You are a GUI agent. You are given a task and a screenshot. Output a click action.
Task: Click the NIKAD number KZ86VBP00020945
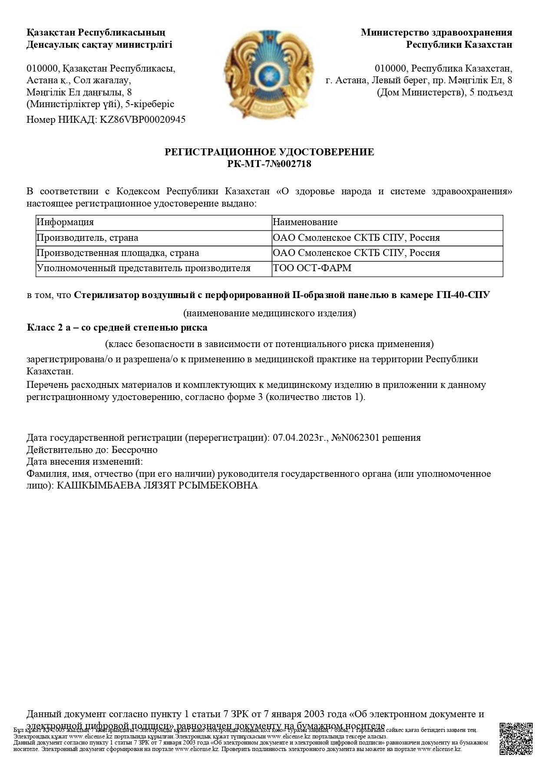[x=143, y=120]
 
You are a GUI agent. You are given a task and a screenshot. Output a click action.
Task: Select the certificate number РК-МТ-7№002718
[x=269, y=164]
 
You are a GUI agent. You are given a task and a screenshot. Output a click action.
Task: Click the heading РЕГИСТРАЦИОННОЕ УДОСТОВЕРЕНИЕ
[x=269, y=152]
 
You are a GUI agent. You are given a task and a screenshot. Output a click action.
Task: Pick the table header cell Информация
[x=65, y=222]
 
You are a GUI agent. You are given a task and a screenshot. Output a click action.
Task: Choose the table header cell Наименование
[x=305, y=222]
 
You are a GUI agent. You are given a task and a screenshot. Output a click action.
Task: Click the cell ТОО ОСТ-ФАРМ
[x=312, y=268]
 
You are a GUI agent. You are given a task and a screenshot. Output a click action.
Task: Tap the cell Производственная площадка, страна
[x=118, y=253]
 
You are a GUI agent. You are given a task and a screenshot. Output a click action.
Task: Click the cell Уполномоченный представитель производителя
[x=144, y=268]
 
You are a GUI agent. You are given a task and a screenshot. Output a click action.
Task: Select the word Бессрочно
[x=134, y=449]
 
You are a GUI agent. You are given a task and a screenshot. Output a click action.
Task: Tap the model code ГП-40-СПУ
[x=463, y=295]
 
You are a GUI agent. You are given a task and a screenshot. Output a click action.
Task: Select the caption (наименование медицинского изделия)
[x=269, y=313]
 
